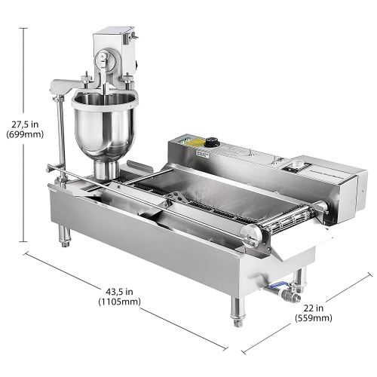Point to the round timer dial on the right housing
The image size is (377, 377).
point(305,165)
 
